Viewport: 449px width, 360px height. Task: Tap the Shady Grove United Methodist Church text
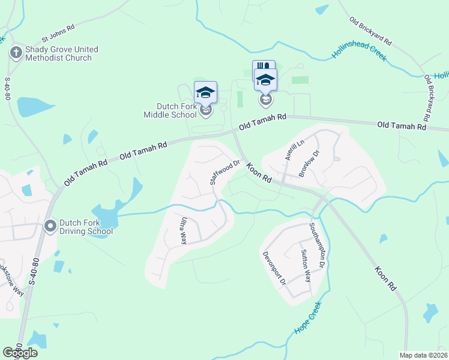coord(61,53)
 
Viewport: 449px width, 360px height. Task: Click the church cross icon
coord(15,53)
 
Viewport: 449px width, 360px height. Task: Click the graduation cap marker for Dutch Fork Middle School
coord(205,93)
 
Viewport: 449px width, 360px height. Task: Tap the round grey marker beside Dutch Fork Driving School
coord(50,226)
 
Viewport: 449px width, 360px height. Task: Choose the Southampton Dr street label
coord(318,245)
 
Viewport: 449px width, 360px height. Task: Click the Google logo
coord(20,353)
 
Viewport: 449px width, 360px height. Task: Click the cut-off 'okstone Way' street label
coord(10,279)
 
